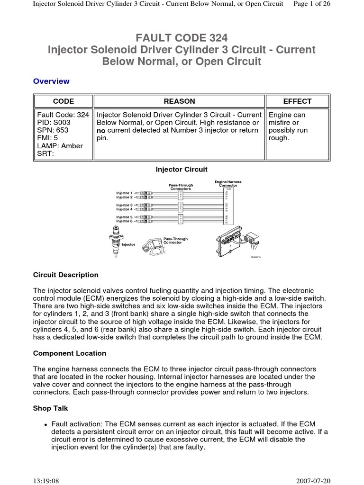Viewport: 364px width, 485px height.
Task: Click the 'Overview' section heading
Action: click(x=51, y=81)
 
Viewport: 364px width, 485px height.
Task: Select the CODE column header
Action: click(x=63, y=101)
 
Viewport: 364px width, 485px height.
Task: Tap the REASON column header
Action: click(x=179, y=101)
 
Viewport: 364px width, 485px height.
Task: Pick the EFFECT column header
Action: click(x=297, y=101)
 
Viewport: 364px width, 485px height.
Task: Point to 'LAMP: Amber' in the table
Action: click(x=60, y=146)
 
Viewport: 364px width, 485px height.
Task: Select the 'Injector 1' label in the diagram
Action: click(x=125, y=193)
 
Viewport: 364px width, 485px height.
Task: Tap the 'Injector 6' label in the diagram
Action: click(x=125, y=221)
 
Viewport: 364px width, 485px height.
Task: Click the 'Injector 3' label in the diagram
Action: click(x=125, y=205)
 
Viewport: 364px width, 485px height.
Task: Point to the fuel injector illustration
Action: click(x=115, y=242)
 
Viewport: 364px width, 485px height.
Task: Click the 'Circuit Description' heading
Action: click(x=66, y=275)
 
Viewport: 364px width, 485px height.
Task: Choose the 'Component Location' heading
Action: click(x=70, y=353)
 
